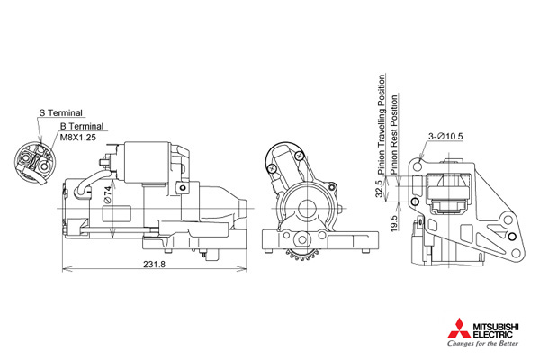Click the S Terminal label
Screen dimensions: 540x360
coord(60,113)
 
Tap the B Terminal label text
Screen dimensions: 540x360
coord(82,126)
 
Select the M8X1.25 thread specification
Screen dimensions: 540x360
coord(78,138)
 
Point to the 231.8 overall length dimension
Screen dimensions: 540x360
coord(154,264)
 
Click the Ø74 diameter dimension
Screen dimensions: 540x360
coord(108,195)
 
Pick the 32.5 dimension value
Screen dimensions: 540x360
coord(379,189)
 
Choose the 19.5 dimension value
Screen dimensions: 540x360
coord(395,223)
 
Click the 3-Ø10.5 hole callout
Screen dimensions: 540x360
coord(445,137)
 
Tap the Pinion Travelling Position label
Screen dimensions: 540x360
coord(382,124)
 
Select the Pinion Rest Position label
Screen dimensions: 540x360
coord(394,134)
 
